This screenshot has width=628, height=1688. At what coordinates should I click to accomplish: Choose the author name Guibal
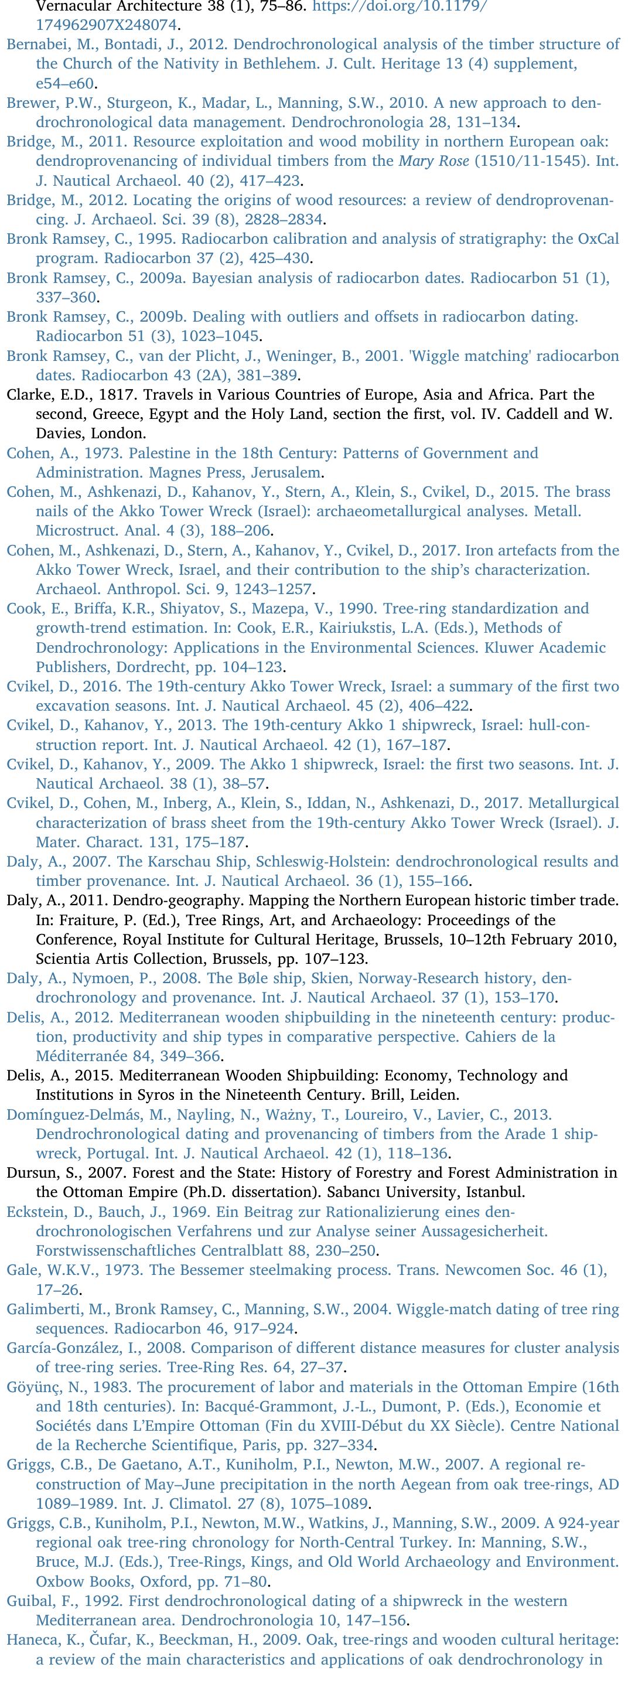click(x=28, y=1601)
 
